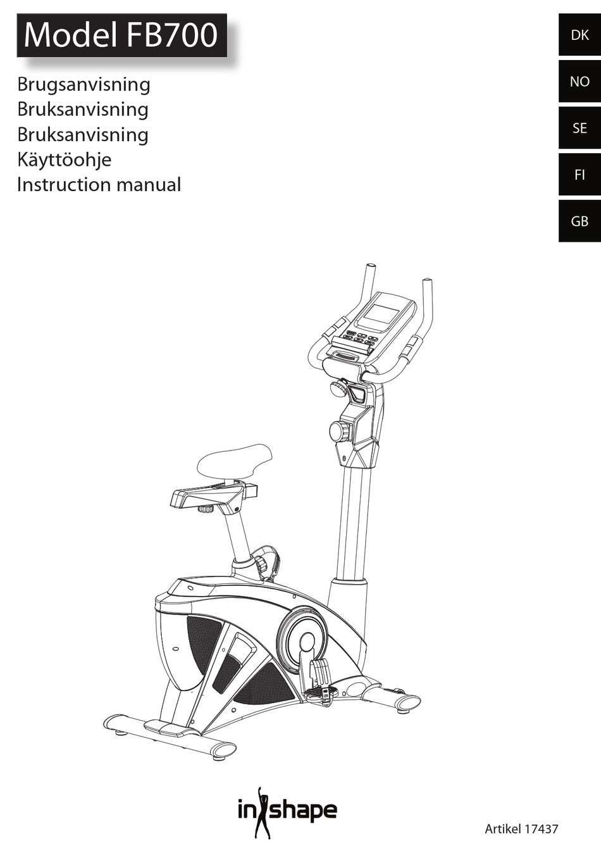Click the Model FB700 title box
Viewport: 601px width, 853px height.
121,35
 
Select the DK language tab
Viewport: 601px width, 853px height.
579,35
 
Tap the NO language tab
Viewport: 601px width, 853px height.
579,82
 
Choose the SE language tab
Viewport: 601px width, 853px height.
579,128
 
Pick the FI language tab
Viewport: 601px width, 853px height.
579,175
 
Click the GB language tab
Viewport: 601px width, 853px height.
579,221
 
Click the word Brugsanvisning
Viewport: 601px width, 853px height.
84,84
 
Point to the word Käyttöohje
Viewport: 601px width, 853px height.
64,159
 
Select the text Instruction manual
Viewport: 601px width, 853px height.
99,185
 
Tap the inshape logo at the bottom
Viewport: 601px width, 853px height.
287,811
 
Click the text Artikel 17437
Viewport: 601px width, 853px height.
521,828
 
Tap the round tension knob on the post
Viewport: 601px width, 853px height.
339,432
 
